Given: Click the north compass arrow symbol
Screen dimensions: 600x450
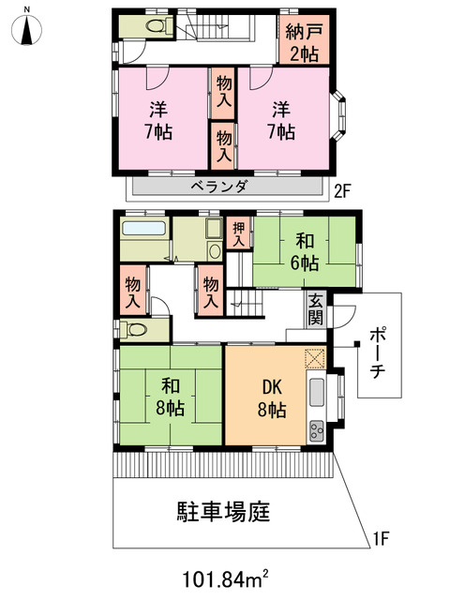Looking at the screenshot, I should click(x=28, y=30).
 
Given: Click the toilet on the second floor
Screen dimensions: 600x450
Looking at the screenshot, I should click(x=154, y=25).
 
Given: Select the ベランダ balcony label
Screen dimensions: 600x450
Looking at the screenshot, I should click(x=219, y=187).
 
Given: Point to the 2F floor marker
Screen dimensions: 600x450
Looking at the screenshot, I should click(x=344, y=192).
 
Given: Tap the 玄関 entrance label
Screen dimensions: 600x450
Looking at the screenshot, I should click(x=315, y=310).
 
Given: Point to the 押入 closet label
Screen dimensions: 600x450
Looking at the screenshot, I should click(x=238, y=232).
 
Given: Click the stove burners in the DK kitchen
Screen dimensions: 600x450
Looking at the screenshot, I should click(x=316, y=430).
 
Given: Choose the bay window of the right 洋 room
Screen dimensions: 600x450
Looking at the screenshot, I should click(x=341, y=119).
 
